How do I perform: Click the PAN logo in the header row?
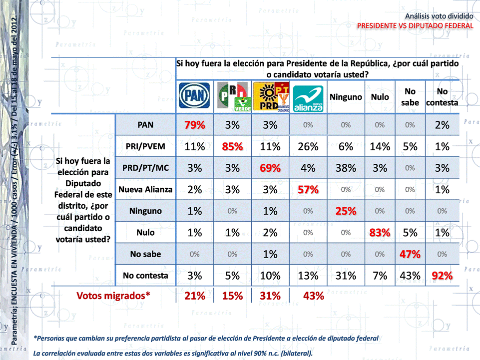pos(194,96)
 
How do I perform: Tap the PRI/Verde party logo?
pos(232,96)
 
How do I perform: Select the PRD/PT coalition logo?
pos(270,96)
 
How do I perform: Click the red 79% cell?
pos(194,125)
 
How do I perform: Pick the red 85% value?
pos(232,147)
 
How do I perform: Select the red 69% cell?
pos(270,168)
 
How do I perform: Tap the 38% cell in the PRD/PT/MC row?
pos(346,168)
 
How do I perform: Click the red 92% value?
pos(442,276)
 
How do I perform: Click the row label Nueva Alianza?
pos(145,189)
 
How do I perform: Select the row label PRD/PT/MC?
pos(145,168)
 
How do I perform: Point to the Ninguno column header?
pos(346,97)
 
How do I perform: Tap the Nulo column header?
pos(380,97)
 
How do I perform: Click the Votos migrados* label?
pos(113,296)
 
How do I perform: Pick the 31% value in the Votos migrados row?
pos(270,296)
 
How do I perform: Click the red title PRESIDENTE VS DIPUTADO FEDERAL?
pos(415,25)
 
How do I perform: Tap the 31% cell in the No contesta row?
pos(346,276)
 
